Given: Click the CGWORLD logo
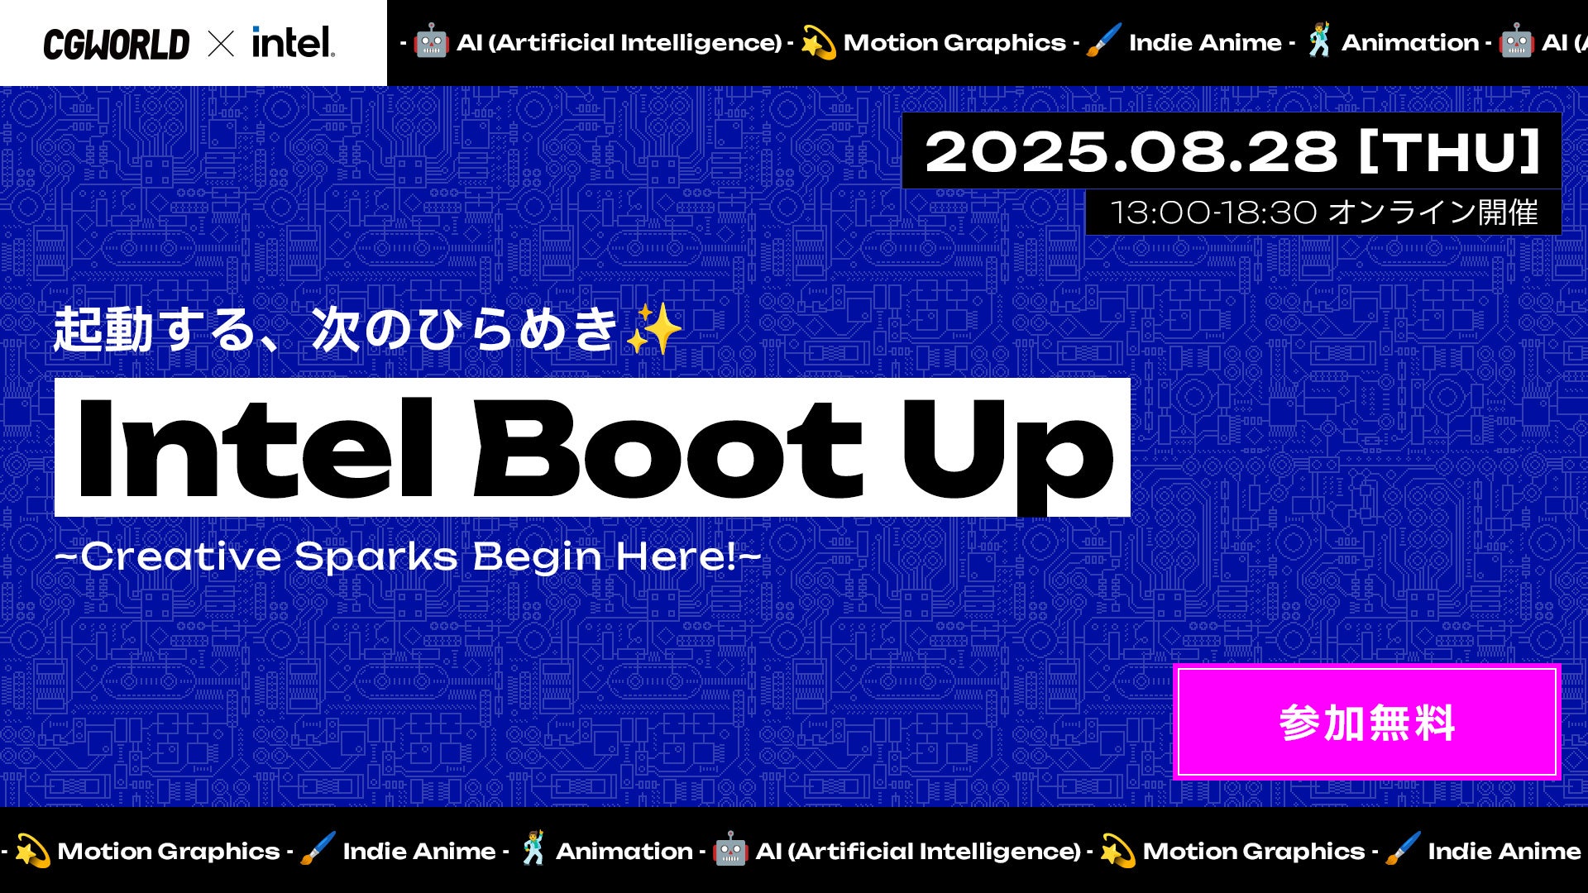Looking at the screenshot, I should pos(116,44).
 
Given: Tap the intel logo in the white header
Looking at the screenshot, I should pos(293,42).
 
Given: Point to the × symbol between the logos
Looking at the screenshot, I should pos(221,44).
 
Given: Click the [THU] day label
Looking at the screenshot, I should pos(1450,152).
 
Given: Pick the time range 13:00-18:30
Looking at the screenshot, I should pos(1213,213).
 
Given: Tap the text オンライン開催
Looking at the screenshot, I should pos(1433,213).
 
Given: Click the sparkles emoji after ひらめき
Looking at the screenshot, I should pos(653,329).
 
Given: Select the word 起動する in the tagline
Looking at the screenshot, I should pos(155,329).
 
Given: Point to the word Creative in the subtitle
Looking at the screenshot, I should pos(181,556).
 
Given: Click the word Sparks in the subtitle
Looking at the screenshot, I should pos(376,557).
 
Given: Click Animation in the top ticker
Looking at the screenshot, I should pos(1409,43).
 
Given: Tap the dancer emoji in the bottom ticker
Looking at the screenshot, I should pos(533,849).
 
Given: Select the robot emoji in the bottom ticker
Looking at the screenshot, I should pos(730,850).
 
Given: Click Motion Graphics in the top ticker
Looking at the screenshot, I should pos(954,43).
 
